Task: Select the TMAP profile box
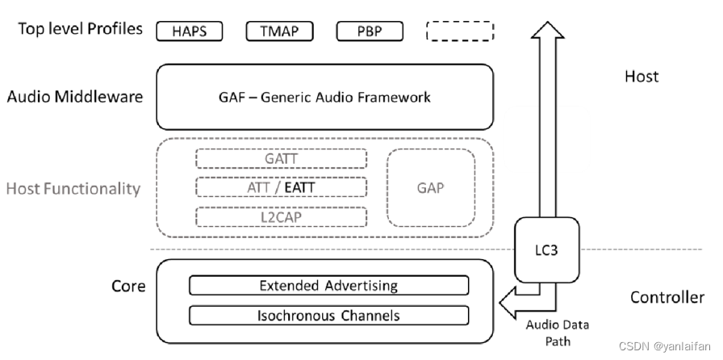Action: click(x=280, y=31)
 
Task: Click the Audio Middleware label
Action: click(x=75, y=97)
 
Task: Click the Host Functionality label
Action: click(x=73, y=189)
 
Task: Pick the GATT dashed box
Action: click(x=281, y=159)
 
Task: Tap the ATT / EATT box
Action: click(x=281, y=187)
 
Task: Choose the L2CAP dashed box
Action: click(x=281, y=216)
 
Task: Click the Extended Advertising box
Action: click(x=328, y=286)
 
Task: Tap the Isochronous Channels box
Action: click(x=328, y=316)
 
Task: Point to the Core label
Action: click(x=128, y=287)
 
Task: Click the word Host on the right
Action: click(x=642, y=77)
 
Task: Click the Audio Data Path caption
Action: click(x=558, y=332)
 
